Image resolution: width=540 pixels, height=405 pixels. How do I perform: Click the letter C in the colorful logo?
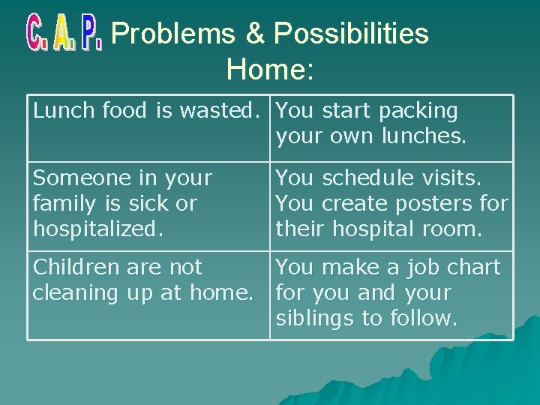click(x=36, y=33)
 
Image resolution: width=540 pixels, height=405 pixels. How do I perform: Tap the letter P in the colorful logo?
click(x=91, y=33)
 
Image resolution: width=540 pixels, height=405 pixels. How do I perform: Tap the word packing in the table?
click(x=418, y=111)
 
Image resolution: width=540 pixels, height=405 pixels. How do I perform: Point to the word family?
click(x=60, y=203)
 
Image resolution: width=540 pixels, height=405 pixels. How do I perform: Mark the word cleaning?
click(x=74, y=293)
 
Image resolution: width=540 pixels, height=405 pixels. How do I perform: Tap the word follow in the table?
click(x=421, y=319)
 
